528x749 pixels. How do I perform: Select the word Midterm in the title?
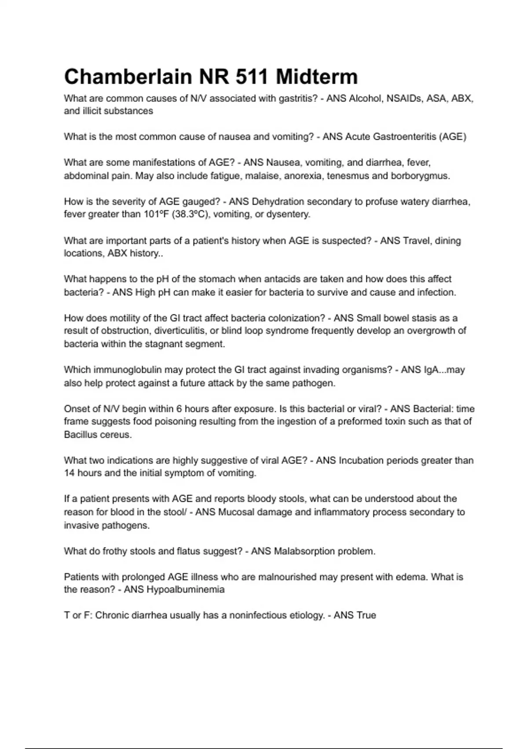[317, 77]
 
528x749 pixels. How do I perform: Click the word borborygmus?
[420, 176]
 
